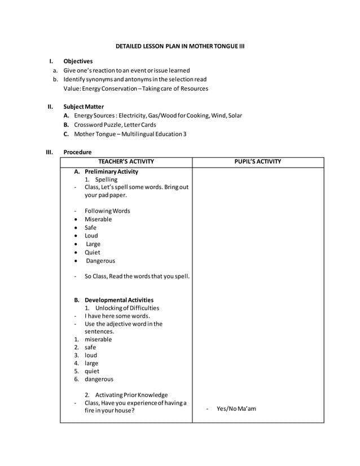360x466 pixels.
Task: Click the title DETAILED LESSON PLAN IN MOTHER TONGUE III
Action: click(x=179, y=45)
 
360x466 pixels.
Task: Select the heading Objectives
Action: click(x=78, y=61)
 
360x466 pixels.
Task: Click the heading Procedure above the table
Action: click(x=77, y=152)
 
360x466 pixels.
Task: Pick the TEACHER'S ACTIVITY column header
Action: click(x=126, y=162)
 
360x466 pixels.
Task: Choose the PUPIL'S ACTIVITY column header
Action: click(x=258, y=162)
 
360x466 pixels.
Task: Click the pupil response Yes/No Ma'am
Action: click(x=236, y=408)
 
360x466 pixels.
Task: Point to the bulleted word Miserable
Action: click(x=98, y=219)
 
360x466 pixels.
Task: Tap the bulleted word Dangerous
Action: click(x=100, y=261)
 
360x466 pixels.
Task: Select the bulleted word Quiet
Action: click(x=93, y=252)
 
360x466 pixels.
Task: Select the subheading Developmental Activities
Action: click(x=118, y=300)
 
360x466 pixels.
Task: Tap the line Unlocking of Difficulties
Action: click(x=127, y=308)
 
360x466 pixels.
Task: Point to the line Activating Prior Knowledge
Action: click(x=131, y=395)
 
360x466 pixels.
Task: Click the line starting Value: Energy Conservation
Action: click(x=135, y=89)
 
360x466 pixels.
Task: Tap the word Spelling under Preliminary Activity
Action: click(x=106, y=179)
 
